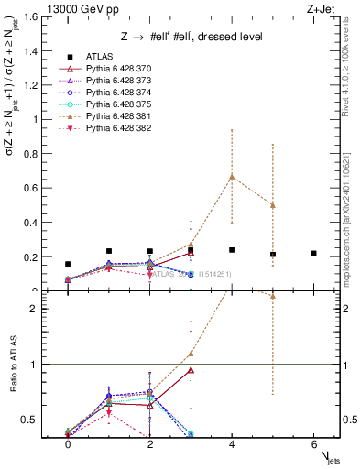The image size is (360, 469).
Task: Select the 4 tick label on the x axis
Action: tap(232, 443)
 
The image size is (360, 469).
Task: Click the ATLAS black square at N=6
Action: tap(313, 254)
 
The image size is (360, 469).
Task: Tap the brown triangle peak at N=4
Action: tap(232, 177)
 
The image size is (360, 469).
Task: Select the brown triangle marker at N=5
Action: tap(273, 205)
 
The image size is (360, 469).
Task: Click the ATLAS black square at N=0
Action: tap(68, 264)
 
